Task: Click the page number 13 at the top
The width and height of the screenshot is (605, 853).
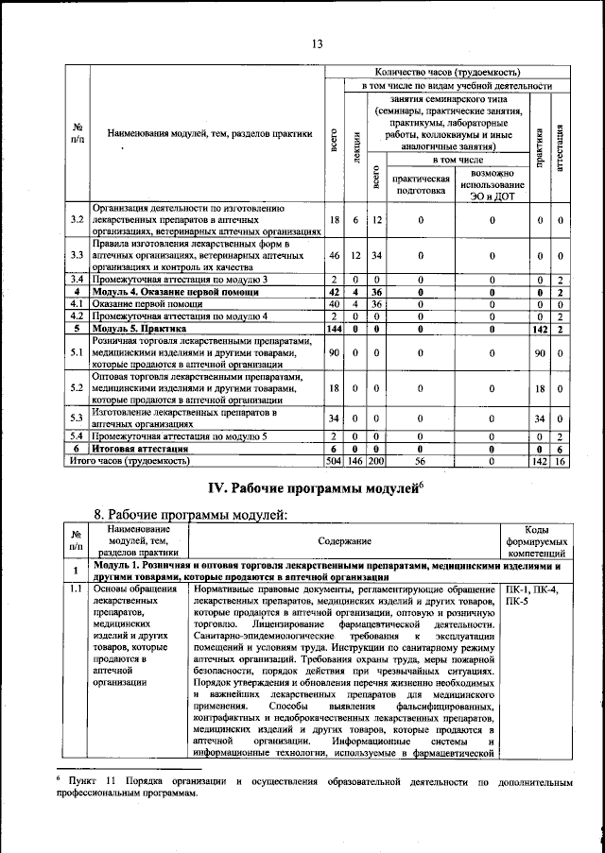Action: (317, 43)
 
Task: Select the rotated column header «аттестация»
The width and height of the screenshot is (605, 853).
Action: (560, 145)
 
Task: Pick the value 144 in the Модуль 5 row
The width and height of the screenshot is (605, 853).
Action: (334, 329)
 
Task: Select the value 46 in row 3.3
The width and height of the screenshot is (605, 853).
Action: (334, 255)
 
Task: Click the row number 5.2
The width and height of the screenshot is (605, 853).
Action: (77, 387)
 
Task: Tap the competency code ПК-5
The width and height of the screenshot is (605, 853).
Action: (519, 602)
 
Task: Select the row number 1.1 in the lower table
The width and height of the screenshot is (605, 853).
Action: (76, 589)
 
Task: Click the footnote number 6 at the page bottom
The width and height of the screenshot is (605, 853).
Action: (58, 780)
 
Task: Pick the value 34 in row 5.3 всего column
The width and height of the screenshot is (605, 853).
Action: (334, 418)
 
